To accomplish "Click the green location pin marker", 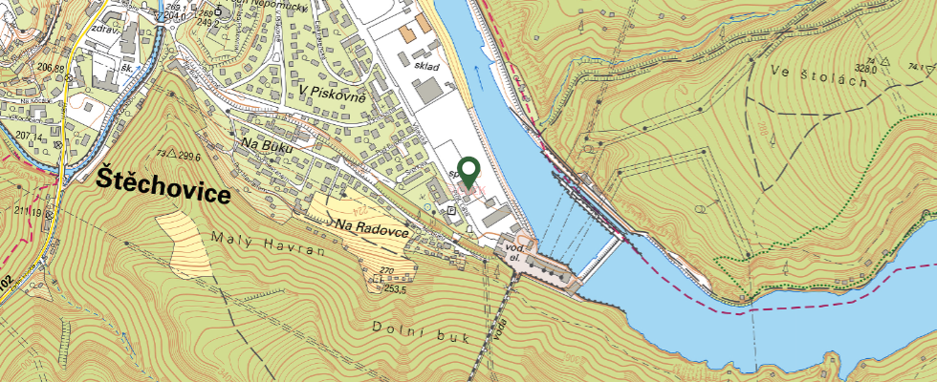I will click(468, 171).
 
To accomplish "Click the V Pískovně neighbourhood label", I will click(332, 92).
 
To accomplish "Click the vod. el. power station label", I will click(513, 252).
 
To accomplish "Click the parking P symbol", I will click(452, 209).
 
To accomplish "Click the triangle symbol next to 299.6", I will click(172, 154).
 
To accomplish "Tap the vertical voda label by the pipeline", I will click(500, 329).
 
